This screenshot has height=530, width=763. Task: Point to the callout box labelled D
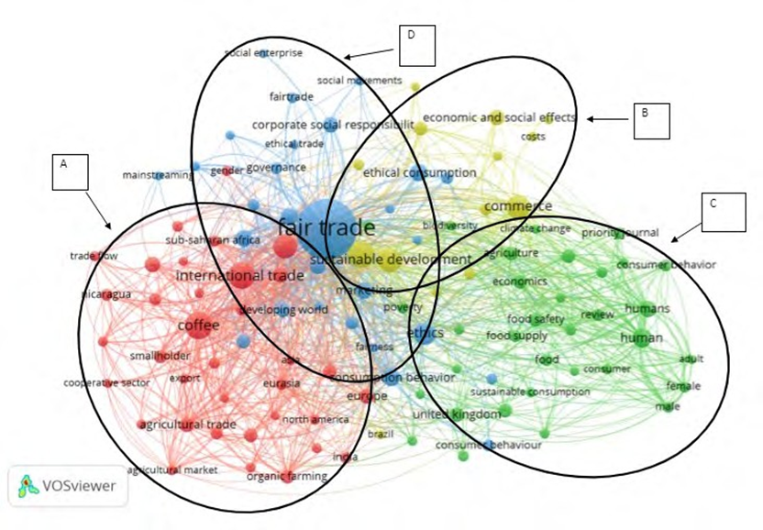click(x=416, y=44)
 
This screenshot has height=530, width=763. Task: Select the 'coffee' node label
click(x=197, y=325)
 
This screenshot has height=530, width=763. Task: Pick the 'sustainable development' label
click(x=391, y=259)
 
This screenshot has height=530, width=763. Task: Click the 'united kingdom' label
click(x=457, y=414)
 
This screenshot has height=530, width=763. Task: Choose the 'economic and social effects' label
click(x=499, y=117)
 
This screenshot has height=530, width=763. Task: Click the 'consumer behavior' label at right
click(x=666, y=265)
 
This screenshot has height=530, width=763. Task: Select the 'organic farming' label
click(x=287, y=476)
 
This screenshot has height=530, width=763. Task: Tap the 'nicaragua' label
click(x=105, y=294)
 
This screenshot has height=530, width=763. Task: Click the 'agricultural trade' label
click(x=187, y=425)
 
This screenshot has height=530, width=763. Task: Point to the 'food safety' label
click(x=536, y=319)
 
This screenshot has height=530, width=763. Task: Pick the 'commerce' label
click(x=517, y=206)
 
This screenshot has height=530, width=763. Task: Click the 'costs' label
click(x=533, y=138)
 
